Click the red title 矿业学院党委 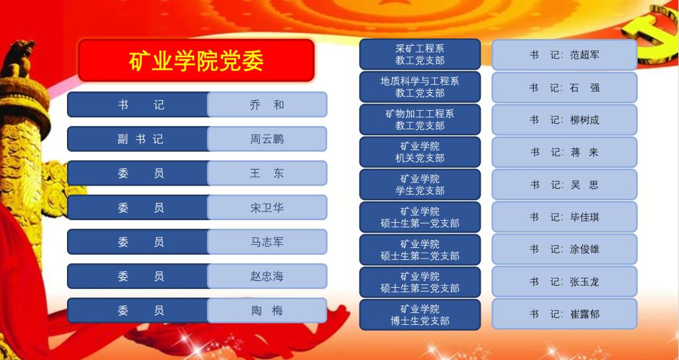click(x=196, y=61)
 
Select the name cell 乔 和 click(x=267, y=104)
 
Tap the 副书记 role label click(x=141, y=139)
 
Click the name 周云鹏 click(x=267, y=139)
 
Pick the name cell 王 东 click(x=267, y=173)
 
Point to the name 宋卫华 click(x=267, y=208)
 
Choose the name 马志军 click(x=267, y=242)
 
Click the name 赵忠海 click(x=267, y=276)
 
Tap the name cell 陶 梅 click(x=267, y=311)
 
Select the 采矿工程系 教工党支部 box click(x=420, y=54)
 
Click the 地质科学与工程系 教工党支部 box click(x=420, y=87)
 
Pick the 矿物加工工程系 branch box click(x=420, y=119)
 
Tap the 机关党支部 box click(x=420, y=152)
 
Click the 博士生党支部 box click(x=420, y=315)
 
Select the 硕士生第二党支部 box click(x=420, y=250)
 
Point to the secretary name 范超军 click(x=585, y=55)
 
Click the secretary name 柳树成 click(x=585, y=120)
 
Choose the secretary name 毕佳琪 click(x=585, y=217)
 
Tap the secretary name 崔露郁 click(x=585, y=314)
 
